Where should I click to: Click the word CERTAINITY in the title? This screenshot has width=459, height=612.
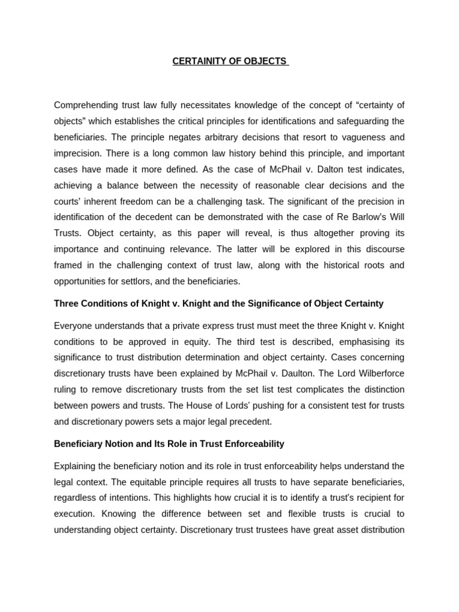(200, 62)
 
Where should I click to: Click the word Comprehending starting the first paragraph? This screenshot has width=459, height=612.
(87, 105)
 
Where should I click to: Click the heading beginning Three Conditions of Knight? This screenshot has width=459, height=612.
(219, 304)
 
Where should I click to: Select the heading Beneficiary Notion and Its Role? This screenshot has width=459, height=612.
(169, 444)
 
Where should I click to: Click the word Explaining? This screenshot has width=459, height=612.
(76, 466)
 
